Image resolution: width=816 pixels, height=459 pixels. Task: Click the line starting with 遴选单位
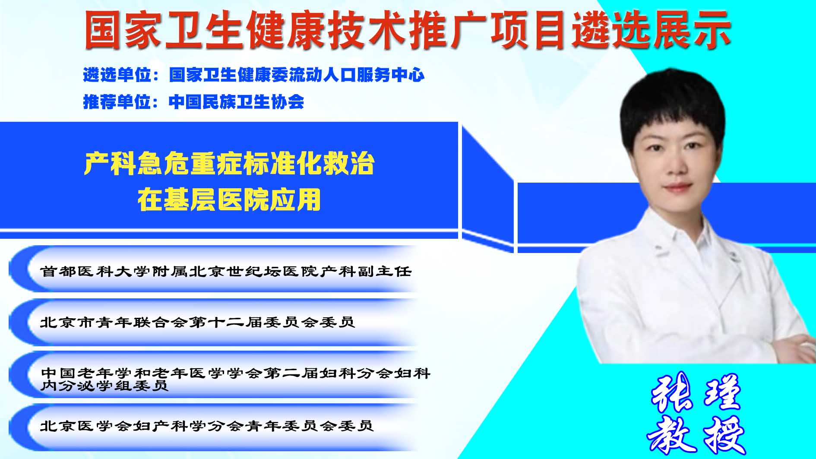click(x=254, y=75)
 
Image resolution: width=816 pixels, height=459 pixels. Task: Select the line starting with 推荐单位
click(x=193, y=102)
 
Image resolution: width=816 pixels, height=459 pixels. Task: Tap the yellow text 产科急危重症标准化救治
click(x=229, y=163)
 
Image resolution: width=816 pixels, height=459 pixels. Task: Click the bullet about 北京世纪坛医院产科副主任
click(x=226, y=271)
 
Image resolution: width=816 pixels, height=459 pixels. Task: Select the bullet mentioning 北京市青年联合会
click(x=197, y=322)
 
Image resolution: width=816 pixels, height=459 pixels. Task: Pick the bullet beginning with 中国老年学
click(x=235, y=379)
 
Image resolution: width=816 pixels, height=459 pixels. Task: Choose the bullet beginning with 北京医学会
click(x=206, y=426)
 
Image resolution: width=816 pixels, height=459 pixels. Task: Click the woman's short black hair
click(x=671, y=108)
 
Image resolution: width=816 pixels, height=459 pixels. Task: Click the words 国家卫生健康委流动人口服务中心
click(x=297, y=75)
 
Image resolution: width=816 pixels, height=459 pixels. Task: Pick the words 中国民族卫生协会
click(x=237, y=102)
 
